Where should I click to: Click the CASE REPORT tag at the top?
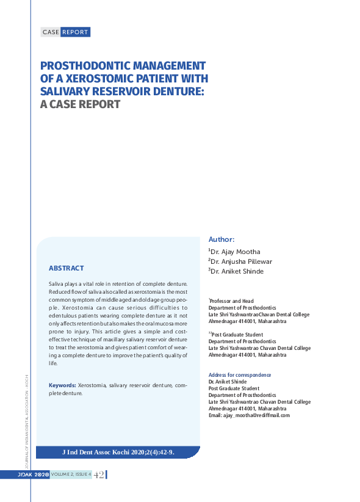(x=65, y=32)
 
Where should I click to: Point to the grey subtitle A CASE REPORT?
(x=80, y=104)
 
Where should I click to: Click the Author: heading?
(x=221, y=240)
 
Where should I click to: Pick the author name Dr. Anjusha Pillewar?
(x=240, y=261)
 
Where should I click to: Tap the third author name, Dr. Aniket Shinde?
(x=237, y=272)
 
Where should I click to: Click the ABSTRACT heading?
(x=66, y=268)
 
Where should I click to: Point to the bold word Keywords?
(x=62, y=386)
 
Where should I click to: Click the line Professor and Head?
(x=232, y=301)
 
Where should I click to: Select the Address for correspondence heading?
(x=240, y=375)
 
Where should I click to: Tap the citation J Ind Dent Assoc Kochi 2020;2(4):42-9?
(x=118, y=453)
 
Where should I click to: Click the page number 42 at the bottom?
(x=99, y=475)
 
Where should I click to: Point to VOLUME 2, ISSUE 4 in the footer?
(x=71, y=475)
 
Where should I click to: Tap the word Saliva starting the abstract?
(x=57, y=284)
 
